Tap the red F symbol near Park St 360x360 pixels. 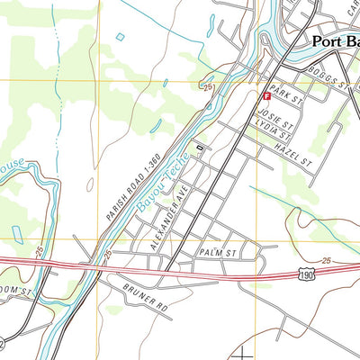pos(265,95)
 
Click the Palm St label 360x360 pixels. pos(217,254)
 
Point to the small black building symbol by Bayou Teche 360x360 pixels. pos(200,148)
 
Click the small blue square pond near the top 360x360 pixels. pos(120,38)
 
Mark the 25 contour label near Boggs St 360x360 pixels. pos(208,86)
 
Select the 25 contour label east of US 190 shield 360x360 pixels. pos(326,262)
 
